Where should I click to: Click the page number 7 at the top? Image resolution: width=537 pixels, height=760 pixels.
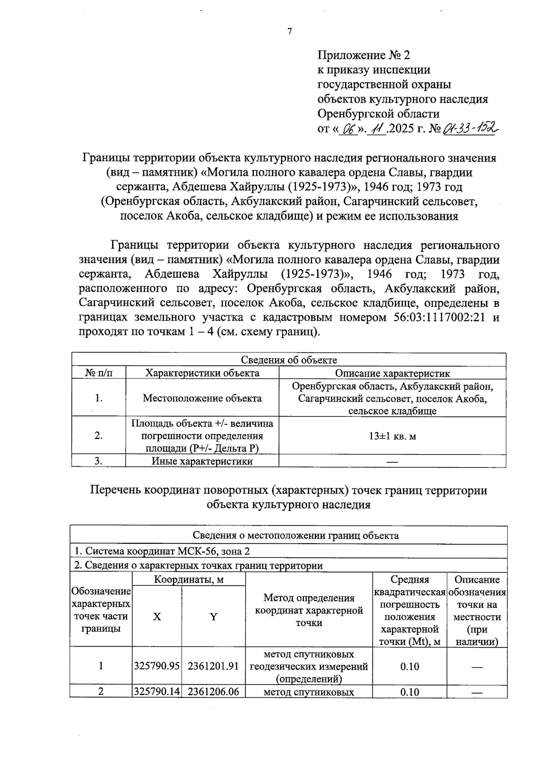[x=290, y=31]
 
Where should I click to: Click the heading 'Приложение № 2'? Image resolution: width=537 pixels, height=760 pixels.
[x=363, y=55]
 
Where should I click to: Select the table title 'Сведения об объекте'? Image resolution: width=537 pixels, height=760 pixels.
[x=289, y=360]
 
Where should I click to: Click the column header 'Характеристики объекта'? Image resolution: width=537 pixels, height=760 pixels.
[x=202, y=373]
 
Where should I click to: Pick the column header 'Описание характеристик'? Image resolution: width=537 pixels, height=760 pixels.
[x=392, y=373]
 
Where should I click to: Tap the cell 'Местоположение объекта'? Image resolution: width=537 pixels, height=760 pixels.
[x=202, y=398]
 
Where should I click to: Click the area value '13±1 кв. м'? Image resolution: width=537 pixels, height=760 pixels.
[x=392, y=436]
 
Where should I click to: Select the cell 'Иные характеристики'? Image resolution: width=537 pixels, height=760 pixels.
[x=202, y=461]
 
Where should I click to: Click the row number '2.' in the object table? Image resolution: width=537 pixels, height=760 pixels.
[x=98, y=436]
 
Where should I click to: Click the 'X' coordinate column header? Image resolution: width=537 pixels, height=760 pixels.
[x=157, y=617]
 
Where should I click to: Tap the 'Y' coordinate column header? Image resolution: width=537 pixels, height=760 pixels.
[x=213, y=617]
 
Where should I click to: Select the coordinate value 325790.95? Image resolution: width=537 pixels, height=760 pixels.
[x=157, y=666]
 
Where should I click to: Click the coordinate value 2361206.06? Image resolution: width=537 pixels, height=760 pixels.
[x=213, y=692]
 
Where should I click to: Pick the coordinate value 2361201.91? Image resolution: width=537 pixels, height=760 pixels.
[x=213, y=666]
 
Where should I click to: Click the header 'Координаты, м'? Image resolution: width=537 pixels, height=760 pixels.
[x=188, y=580]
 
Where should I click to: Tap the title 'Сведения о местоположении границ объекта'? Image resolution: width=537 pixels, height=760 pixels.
[x=289, y=535]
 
